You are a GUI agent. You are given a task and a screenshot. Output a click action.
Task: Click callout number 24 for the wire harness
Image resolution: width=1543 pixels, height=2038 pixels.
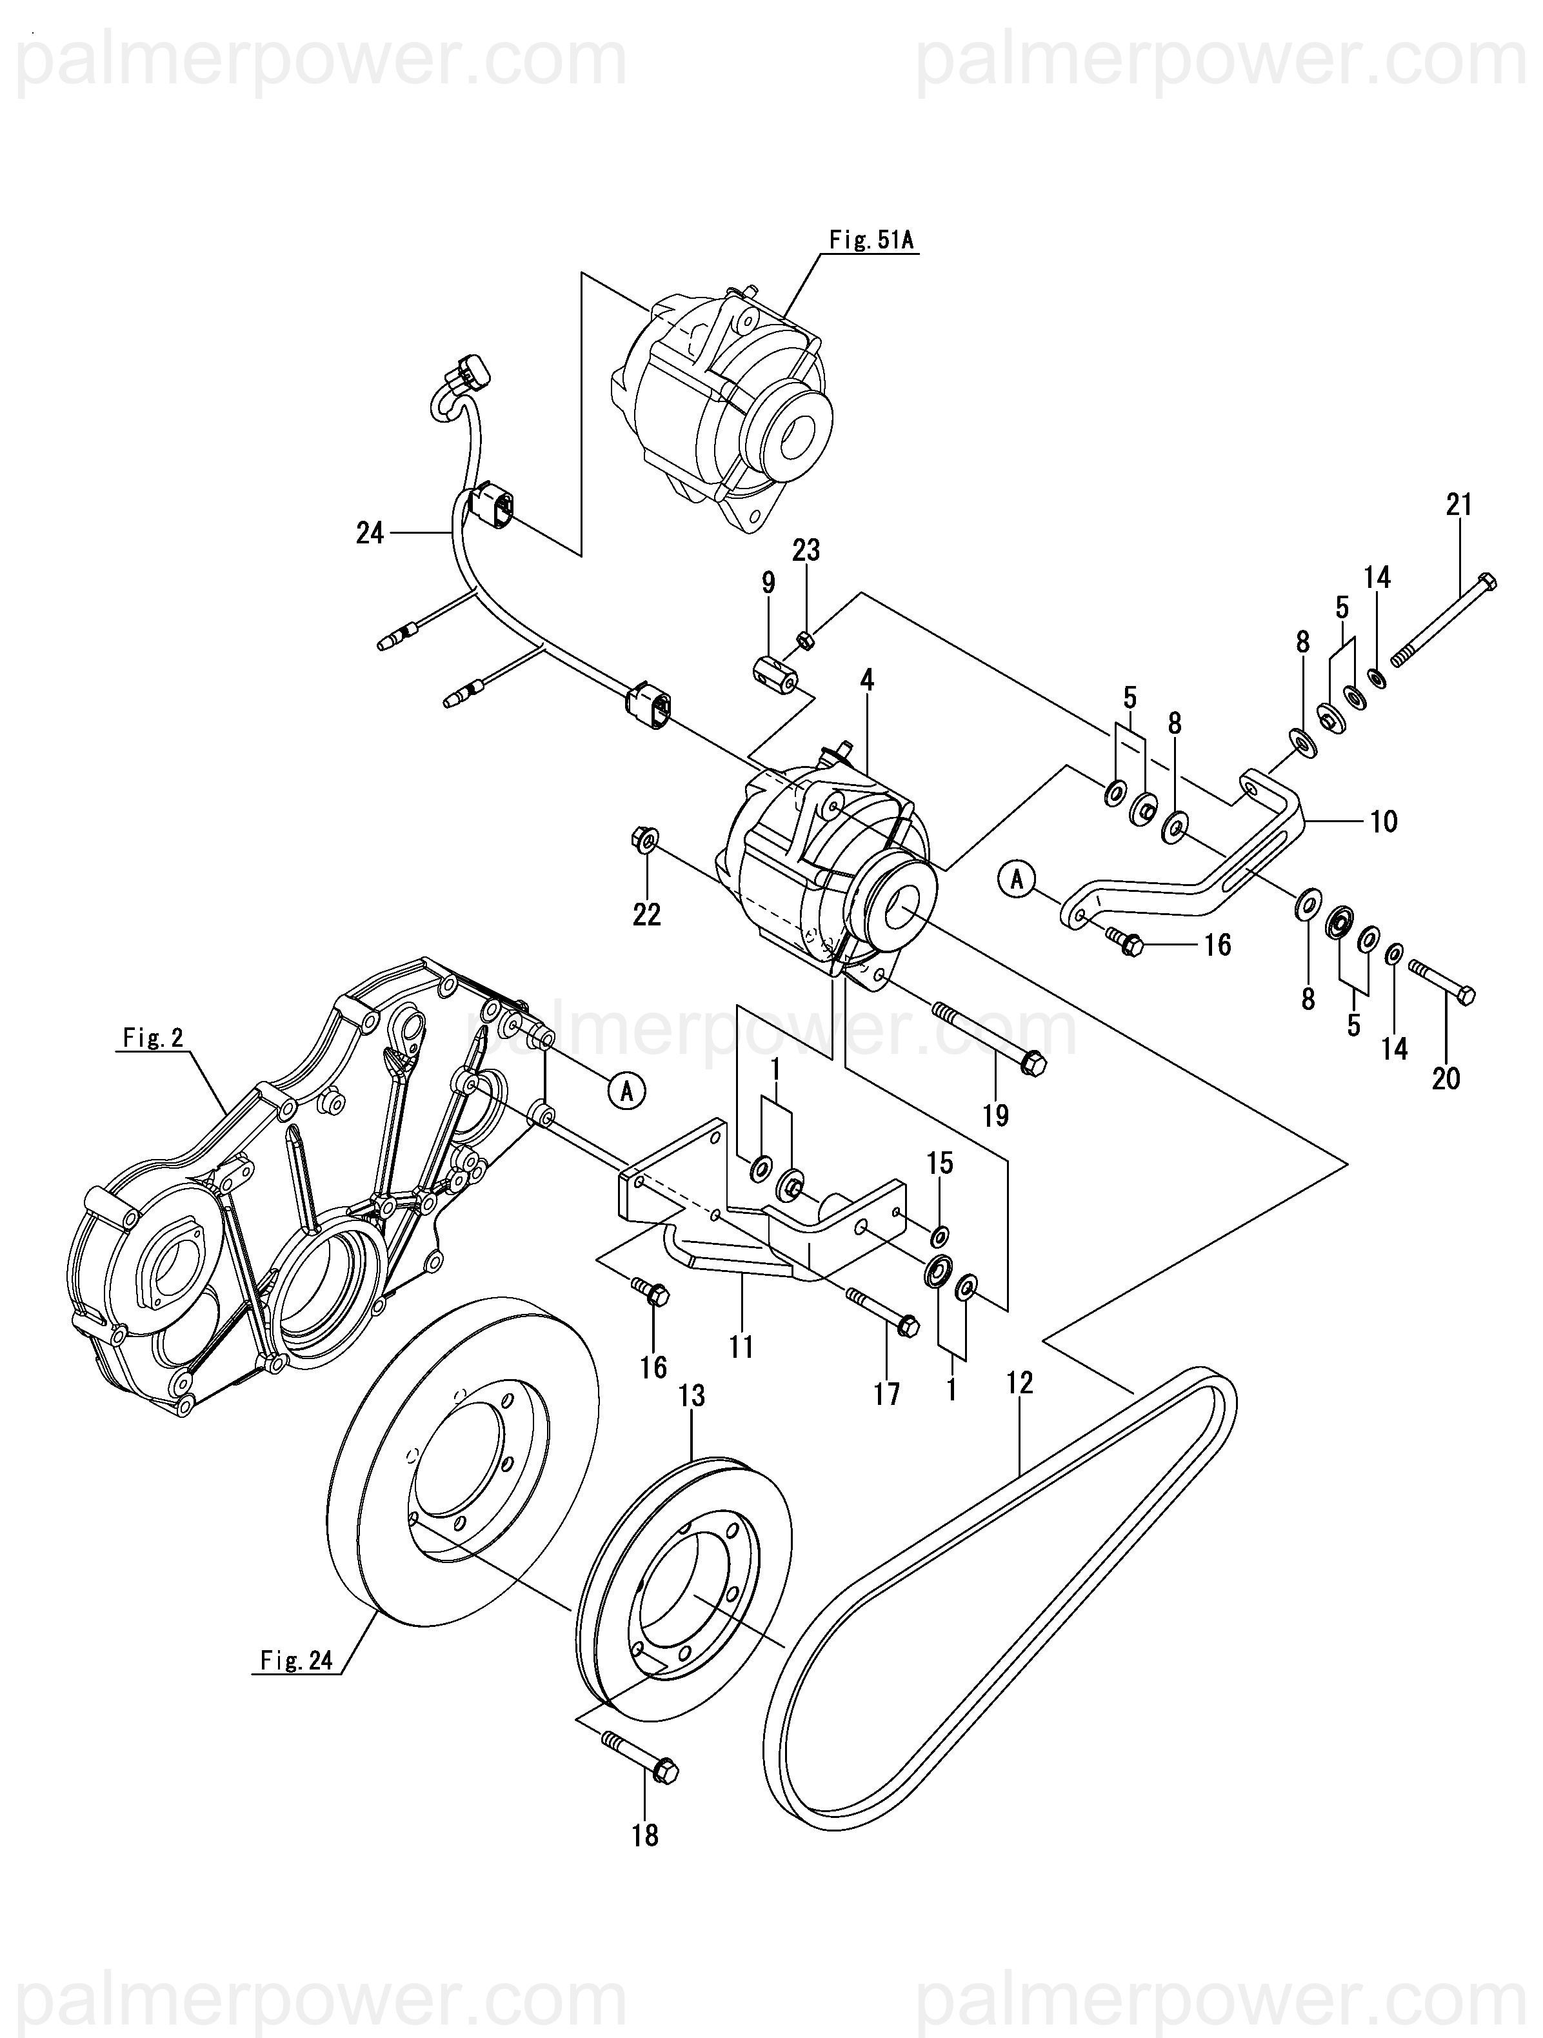(x=370, y=532)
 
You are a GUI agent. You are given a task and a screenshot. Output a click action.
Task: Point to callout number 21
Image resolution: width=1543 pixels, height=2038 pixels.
(x=1459, y=505)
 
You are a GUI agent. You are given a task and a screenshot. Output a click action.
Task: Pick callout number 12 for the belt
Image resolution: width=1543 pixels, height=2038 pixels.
(x=1020, y=1382)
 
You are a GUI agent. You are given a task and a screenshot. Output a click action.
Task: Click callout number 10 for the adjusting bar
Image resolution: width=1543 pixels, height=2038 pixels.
(x=1384, y=821)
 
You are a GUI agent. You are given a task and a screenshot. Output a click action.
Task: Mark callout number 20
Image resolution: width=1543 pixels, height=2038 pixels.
(x=1446, y=1077)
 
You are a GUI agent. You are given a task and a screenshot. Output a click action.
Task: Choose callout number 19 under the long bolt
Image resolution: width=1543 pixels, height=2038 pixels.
(x=996, y=1116)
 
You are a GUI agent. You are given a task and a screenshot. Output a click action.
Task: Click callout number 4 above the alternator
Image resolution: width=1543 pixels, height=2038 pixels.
(x=867, y=681)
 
